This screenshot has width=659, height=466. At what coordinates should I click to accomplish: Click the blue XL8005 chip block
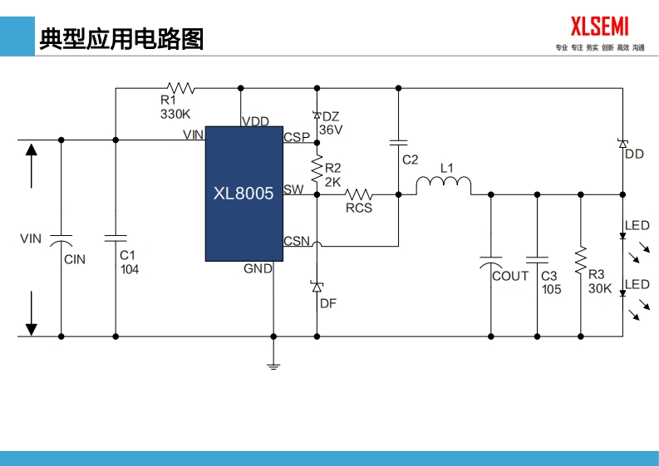click(243, 194)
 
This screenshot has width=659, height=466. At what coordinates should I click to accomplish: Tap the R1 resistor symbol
click(180, 87)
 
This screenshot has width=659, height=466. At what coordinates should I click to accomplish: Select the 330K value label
click(175, 114)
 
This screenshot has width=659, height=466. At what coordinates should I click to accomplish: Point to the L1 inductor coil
click(444, 185)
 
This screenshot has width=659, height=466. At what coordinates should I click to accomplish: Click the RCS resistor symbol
click(358, 194)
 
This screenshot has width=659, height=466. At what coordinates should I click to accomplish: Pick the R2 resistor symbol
click(317, 170)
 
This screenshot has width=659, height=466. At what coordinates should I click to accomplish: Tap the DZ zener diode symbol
click(317, 115)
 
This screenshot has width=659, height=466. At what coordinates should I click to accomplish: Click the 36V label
click(331, 130)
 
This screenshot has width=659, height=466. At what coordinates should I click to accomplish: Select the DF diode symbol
click(317, 287)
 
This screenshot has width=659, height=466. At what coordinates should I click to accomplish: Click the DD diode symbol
click(622, 144)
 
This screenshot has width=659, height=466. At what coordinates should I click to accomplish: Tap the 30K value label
click(600, 289)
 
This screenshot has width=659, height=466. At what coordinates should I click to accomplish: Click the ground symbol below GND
click(273, 365)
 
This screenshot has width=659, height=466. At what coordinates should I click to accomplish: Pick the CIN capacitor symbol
click(61, 242)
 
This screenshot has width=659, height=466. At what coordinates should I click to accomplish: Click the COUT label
click(510, 276)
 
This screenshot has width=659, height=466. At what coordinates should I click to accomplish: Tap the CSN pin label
click(297, 241)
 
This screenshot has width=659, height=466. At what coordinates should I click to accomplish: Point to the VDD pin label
click(256, 121)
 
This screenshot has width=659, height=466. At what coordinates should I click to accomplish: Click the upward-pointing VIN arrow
click(32, 152)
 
